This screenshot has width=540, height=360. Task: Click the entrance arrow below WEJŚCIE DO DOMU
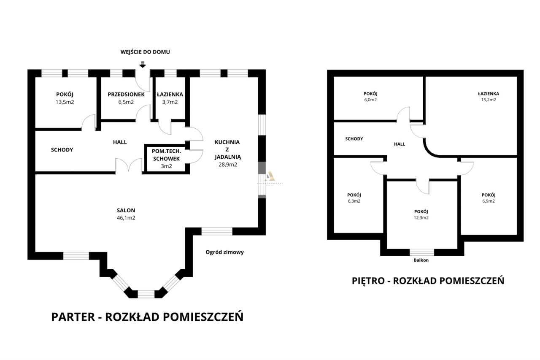pyautogui.click(x=143, y=65)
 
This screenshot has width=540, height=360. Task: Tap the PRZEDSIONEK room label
pyautogui.click(x=126, y=94)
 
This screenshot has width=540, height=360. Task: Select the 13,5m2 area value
pyautogui.click(x=65, y=102)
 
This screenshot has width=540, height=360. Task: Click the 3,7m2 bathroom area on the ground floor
pyautogui.click(x=170, y=102)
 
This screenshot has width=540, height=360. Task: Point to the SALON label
pyautogui.click(x=126, y=210)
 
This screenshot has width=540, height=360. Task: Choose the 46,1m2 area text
pyautogui.click(x=126, y=218)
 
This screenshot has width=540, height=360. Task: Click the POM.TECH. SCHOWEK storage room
pyautogui.click(x=166, y=158)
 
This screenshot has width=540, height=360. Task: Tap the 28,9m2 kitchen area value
pyautogui.click(x=227, y=165)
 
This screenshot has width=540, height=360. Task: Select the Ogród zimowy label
pyautogui.click(x=224, y=252)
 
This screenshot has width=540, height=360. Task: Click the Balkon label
pyautogui.click(x=421, y=260)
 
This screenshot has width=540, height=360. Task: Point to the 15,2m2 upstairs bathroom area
pyautogui.click(x=489, y=100)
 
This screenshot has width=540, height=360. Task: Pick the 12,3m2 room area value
pyautogui.click(x=421, y=218)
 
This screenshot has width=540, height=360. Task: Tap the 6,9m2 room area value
pyautogui.click(x=489, y=201)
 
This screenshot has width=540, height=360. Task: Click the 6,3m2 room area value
pyautogui.click(x=354, y=201)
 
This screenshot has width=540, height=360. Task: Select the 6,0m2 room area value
pyautogui.click(x=370, y=100)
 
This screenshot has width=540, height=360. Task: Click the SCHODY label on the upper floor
pyautogui.click(x=354, y=139)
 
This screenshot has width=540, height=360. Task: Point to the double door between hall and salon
pyautogui.click(x=129, y=165)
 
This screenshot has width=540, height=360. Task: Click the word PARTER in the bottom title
pyautogui.click(x=73, y=317)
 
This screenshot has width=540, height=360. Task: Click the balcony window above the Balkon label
pyautogui.click(x=422, y=252)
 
